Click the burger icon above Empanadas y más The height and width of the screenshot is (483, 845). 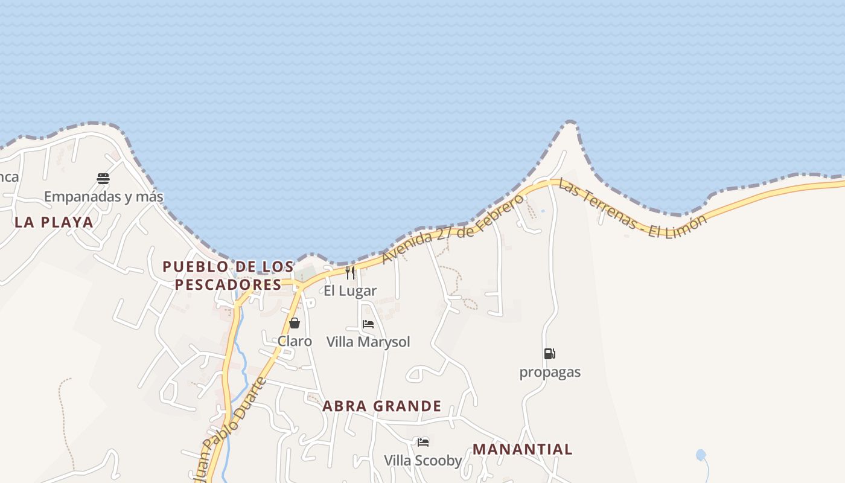point(103,178)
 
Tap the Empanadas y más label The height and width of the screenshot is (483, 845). point(103,197)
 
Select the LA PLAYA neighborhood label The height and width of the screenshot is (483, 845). point(54,222)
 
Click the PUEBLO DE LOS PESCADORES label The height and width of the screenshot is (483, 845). point(228,275)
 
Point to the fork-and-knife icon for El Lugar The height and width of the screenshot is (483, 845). point(350,273)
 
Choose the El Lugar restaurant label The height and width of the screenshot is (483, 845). point(350,291)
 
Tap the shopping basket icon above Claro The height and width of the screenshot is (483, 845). point(295,323)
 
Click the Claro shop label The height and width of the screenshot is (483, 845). point(295,342)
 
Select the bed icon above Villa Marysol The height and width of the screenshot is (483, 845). point(368,324)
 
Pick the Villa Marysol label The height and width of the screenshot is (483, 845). point(368,342)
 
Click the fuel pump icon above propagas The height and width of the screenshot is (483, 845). point(549,354)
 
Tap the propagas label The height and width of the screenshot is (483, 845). point(550,373)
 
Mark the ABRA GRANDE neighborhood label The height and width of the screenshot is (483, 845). point(382,406)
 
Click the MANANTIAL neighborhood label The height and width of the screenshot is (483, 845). point(523,450)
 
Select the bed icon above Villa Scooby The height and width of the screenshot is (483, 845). point(423,443)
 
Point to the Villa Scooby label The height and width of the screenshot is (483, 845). point(423,461)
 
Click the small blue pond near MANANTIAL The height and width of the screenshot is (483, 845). point(701,455)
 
